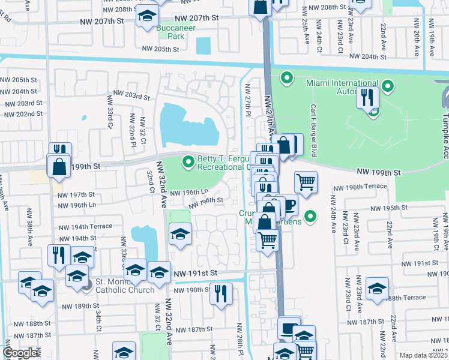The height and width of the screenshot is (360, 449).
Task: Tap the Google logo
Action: coord(20,353)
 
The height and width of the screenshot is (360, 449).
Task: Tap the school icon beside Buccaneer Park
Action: coord(146,17)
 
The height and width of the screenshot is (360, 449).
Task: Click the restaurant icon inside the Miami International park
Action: coord(367,97)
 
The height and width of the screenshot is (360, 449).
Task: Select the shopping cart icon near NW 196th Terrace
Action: coord(306,182)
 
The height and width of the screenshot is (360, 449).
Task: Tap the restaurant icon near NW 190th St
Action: coord(221,294)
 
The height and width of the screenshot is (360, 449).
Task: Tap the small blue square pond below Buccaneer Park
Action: coord(203,45)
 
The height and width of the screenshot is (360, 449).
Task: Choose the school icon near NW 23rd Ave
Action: coord(377,289)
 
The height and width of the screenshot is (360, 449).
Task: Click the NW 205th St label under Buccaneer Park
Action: coord(160,49)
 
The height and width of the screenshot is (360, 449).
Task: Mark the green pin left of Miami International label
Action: coord(286,77)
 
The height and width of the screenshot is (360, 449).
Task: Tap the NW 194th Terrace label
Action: coord(85,227)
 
